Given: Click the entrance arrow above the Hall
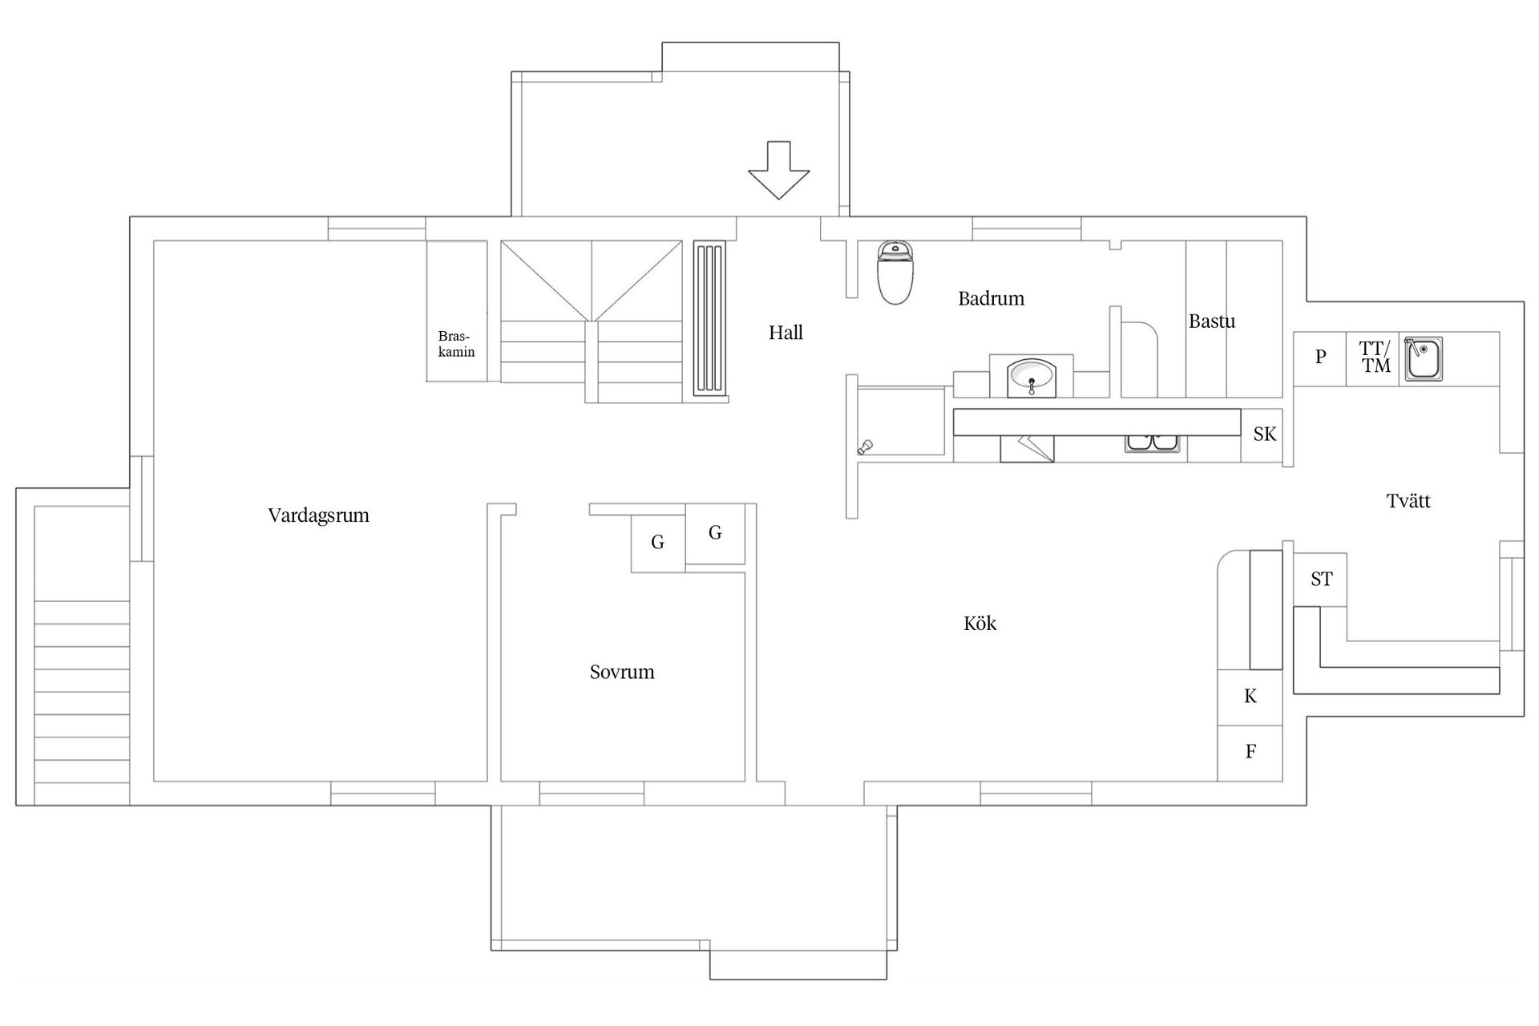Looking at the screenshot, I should point(778,171).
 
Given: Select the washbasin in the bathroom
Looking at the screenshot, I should point(1032,377).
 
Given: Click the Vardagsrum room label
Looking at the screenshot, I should point(318,515).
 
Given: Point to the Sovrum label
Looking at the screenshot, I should point(622,672).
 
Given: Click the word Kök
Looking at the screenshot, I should point(980,624).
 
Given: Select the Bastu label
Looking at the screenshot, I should point(1211,321).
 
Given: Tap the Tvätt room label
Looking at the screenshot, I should point(1408,501).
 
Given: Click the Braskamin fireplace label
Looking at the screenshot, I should point(456,344).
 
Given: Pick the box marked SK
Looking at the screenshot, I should point(1264,434).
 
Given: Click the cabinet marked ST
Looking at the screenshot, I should point(1321,579).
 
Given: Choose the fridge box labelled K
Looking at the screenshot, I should point(1250,697).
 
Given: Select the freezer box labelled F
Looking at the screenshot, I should point(1250,752).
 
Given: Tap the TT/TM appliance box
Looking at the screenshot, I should point(1374,357).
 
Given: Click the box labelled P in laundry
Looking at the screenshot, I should point(1320,357).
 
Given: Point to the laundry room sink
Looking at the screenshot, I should point(1424,358).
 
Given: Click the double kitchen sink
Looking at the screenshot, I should point(1153,443).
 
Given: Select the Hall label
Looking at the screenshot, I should point(786,333).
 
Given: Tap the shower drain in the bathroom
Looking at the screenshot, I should point(865,447).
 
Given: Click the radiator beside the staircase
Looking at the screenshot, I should point(709,319).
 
